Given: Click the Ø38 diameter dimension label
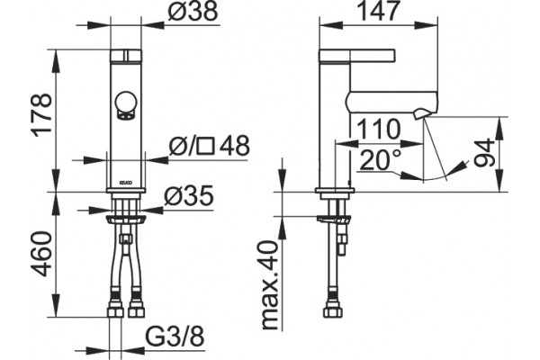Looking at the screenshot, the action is (x=193, y=11).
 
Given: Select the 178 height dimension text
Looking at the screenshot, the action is (x=42, y=114).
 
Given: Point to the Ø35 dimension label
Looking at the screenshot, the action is (x=189, y=196).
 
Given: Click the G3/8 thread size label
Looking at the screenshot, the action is (x=175, y=337).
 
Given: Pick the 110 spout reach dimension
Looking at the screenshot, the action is (x=379, y=130).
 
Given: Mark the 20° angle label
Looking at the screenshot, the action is (x=380, y=160).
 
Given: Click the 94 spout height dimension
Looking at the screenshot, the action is (x=484, y=153).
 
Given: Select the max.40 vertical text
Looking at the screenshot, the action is (x=270, y=285).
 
